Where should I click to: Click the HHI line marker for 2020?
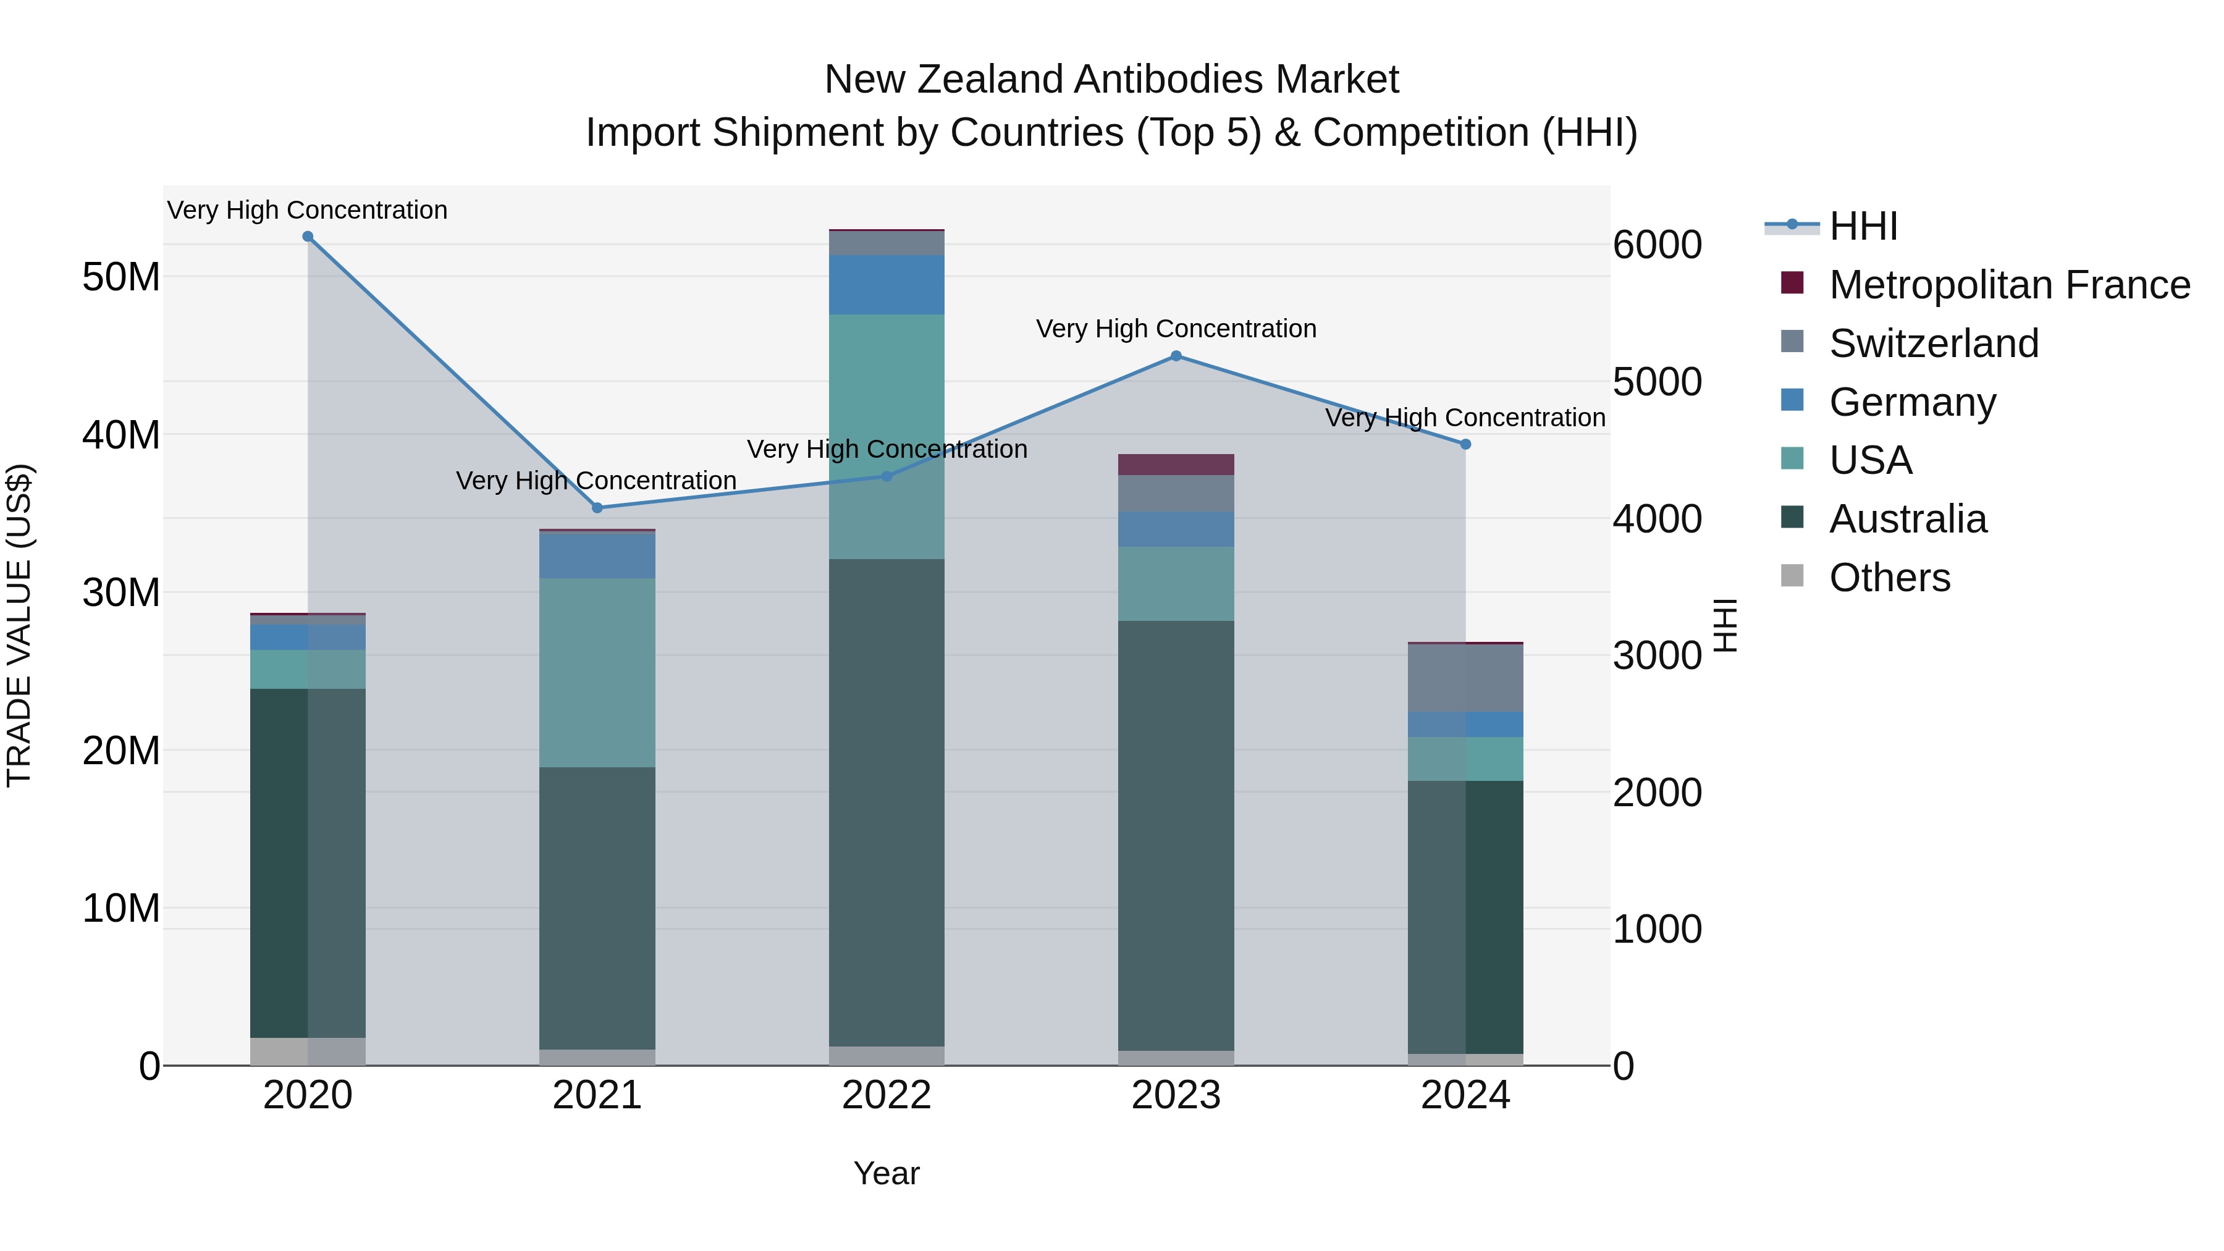point(308,237)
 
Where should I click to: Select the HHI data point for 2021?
point(597,508)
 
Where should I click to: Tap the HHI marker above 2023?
point(1175,356)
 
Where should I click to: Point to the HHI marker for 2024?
point(1465,445)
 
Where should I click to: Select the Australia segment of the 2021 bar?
point(597,906)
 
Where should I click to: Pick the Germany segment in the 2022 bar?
point(886,284)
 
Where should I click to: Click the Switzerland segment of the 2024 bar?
point(1465,678)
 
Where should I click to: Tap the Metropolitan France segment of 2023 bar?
point(1175,465)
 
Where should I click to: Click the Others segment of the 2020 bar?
point(308,1051)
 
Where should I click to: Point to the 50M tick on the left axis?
point(121,277)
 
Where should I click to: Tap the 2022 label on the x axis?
point(886,1095)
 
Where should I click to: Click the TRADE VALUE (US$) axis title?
point(19,625)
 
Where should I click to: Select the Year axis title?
point(886,1173)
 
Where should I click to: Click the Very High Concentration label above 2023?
point(1175,329)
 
